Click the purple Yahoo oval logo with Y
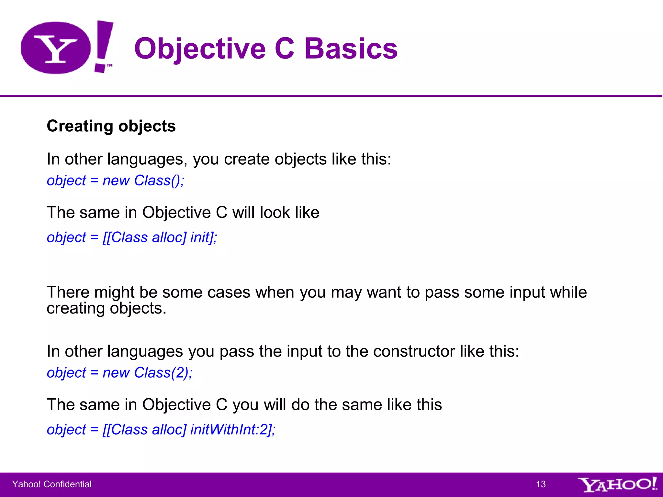coord(56,48)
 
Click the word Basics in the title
coord(351,49)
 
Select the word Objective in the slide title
coord(200,49)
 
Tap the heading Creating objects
coord(111,126)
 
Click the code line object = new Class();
coord(116,181)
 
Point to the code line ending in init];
coord(132,237)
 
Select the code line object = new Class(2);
coord(120,373)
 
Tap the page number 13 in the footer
coord(541,484)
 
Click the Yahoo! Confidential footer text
coord(52,484)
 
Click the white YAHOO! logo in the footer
coord(617,484)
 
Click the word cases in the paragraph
coord(229,292)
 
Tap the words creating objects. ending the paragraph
coord(107,308)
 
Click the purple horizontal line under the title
coord(331,96)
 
